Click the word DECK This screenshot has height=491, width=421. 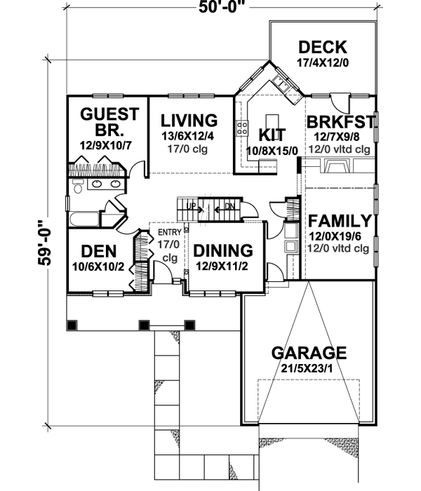(x=322, y=48)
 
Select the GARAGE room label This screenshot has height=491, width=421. (x=310, y=352)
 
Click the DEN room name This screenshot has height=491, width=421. (x=98, y=250)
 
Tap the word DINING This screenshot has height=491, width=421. (x=222, y=250)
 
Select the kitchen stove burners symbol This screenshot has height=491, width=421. (x=243, y=128)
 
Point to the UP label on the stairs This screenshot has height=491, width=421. (x=190, y=206)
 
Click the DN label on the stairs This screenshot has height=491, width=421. (x=228, y=206)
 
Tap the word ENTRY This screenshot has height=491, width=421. (x=169, y=233)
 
